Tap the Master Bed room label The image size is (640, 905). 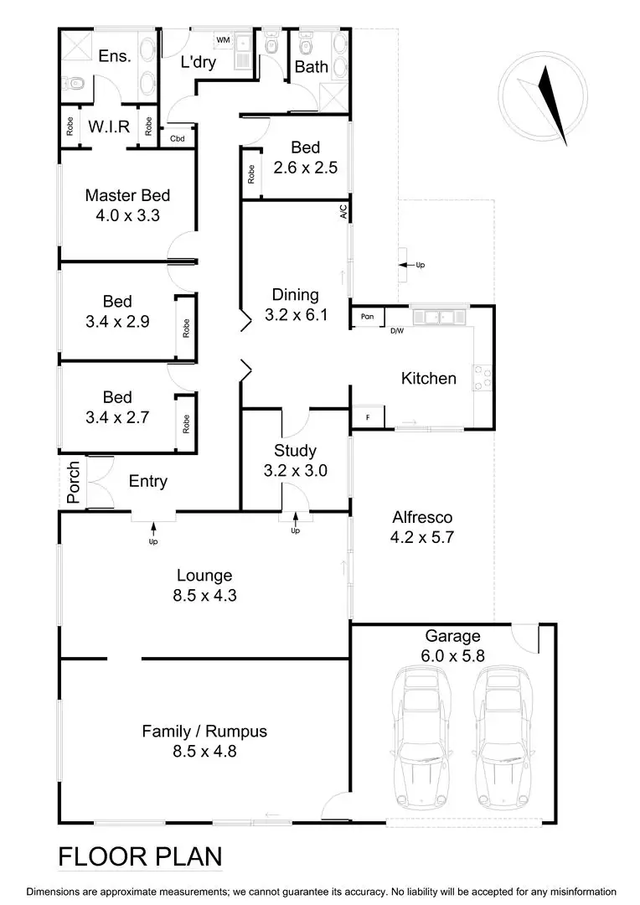(x=127, y=195)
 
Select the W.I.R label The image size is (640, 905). (x=109, y=127)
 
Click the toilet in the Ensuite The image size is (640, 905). (x=74, y=82)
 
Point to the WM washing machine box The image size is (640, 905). (x=223, y=39)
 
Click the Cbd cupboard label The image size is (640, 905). (x=178, y=138)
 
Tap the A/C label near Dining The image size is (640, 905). (x=343, y=213)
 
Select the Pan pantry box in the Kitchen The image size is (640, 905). (x=367, y=317)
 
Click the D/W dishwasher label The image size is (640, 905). (x=397, y=330)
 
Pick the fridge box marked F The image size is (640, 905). (x=367, y=416)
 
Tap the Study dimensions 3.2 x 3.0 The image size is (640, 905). (x=295, y=470)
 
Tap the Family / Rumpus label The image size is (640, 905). (x=204, y=732)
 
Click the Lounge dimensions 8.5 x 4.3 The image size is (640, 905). (x=204, y=596)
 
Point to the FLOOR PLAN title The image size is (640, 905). (x=140, y=856)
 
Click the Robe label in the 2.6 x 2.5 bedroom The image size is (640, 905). (x=250, y=173)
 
